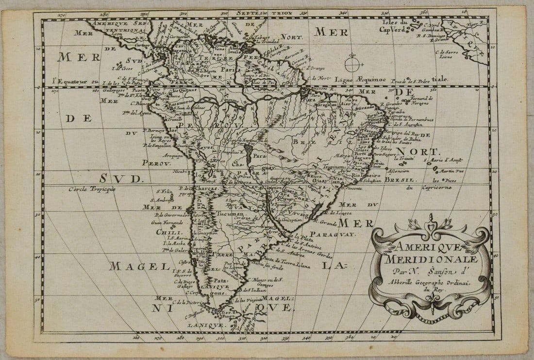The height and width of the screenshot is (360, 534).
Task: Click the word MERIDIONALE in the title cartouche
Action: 429,260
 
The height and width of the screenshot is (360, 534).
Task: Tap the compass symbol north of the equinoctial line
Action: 353,63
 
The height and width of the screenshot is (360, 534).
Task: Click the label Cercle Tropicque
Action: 92,189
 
